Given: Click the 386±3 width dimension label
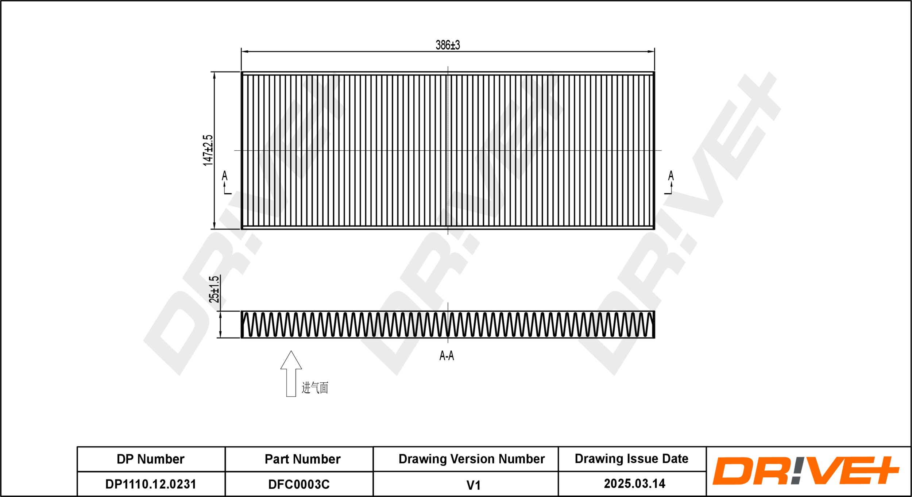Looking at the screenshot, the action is [x=448, y=45].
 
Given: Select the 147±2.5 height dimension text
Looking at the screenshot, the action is [x=208, y=150].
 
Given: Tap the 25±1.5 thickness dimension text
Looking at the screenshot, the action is [x=214, y=289].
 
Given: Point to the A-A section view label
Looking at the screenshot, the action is [x=447, y=356].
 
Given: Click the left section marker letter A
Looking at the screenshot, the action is [x=224, y=176].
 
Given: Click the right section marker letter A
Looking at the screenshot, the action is [x=671, y=176].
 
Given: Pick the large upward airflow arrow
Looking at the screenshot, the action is [x=291, y=373].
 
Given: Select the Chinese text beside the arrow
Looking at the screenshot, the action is [x=315, y=388].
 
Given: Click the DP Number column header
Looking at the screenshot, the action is [x=150, y=459].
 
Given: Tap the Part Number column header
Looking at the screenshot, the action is [x=302, y=459].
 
